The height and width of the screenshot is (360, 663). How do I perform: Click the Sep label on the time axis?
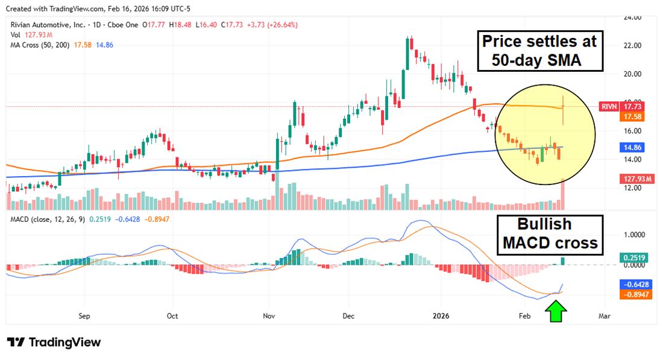(84, 315)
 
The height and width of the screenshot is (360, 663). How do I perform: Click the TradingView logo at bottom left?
(54, 343)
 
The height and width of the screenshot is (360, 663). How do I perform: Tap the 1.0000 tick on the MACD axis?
(633, 235)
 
